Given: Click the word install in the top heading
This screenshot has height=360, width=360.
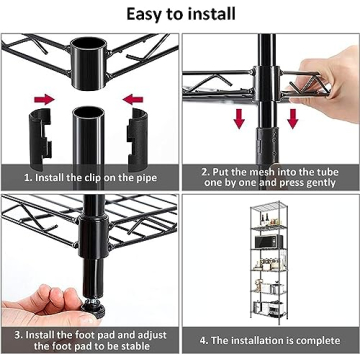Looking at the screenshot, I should (212, 14).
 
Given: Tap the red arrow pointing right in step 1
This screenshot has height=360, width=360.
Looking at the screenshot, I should (43, 100).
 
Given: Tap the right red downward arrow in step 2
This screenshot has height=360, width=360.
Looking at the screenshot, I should (293, 117).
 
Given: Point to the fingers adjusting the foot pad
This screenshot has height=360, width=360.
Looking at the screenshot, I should (50, 299).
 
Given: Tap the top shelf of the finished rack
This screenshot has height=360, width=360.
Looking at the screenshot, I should (267, 203).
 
